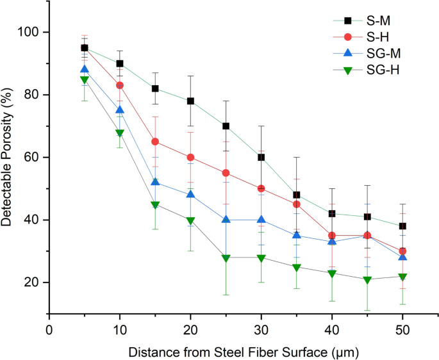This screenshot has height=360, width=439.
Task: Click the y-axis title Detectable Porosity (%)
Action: pyautogui.click(x=9, y=158)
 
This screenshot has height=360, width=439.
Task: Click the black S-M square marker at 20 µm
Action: pyautogui.click(x=190, y=101)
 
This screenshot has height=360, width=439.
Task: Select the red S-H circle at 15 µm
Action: pyautogui.click(x=155, y=142)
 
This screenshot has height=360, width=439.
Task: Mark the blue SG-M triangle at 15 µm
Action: pyautogui.click(x=155, y=182)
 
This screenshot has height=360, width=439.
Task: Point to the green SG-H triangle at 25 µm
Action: pyautogui.click(x=226, y=258)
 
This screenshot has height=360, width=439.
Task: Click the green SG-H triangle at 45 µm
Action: pyautogui.click(x=367, y=280)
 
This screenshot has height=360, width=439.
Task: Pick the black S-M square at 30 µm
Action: pyautogui.click(x=261, y=158)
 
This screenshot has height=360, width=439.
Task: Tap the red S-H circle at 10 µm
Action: pyautogui.click(x=120, y=85)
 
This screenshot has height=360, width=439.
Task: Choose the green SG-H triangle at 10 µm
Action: pyautogui.click(x=120, y=133)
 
